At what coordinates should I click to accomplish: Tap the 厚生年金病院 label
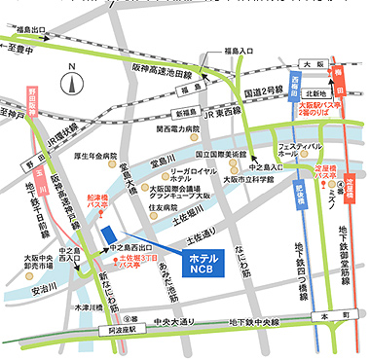pos(96,156)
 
